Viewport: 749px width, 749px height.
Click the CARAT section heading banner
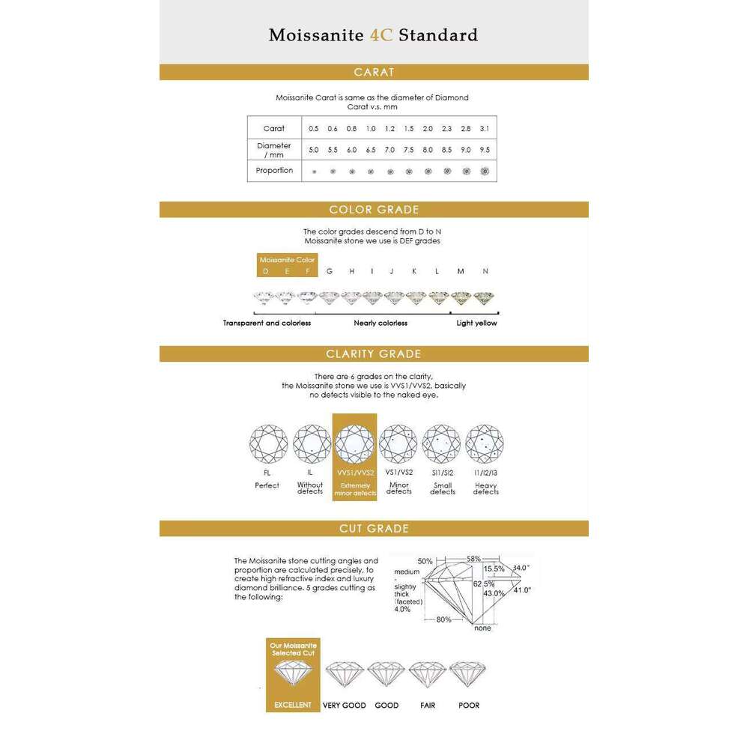(x=374, y=73)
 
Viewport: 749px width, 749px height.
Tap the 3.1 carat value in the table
(x=485, y=129)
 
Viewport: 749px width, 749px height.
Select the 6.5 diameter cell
(x=371, y=150)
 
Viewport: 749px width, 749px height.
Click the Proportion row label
(x=274, y=171)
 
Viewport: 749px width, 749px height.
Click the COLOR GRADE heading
(x=374, y=210)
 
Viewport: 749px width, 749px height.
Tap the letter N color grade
(x=485, y=271)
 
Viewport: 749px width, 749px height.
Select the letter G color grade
(x=330, y=271)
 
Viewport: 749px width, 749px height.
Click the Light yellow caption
(x=477, y=323)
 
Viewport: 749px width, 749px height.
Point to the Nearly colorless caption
(x=380, y=323)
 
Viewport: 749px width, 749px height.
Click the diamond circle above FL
(x=267, y=444)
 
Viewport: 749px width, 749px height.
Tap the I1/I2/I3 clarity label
(x=485, y=473)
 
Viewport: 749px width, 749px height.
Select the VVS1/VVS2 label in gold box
(x=354, y=473)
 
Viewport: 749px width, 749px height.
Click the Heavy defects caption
(x=485, y=489)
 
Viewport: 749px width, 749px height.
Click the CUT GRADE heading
(x=374, y=529)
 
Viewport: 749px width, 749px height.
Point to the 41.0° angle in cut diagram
(x=522, y=590)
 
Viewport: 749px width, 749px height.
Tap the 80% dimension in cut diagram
(x=444, y=619)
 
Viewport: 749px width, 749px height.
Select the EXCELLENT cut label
(x=293, y=705)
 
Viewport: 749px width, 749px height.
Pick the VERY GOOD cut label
(x=344, y=705)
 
